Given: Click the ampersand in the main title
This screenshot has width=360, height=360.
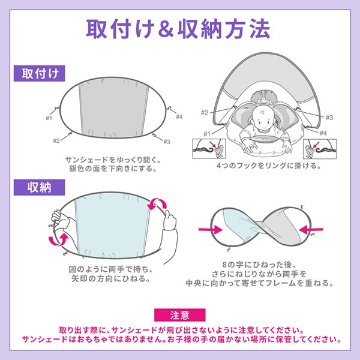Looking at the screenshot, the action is click(165, 29).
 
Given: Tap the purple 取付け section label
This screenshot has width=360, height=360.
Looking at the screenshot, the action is click(39, 73).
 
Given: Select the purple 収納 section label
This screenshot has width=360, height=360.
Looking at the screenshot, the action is click(39, 188).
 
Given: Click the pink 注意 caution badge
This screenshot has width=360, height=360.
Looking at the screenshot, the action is click(180, 315).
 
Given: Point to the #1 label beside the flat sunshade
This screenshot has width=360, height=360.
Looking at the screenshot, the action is click(49, 118).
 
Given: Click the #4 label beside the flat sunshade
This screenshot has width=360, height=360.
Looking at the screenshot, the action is click(179, 117).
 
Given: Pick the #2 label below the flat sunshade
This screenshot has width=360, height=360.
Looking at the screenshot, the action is click(56, 140).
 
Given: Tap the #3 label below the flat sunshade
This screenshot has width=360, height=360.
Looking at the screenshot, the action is click(167, 142).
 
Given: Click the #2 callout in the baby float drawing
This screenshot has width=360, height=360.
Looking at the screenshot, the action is click(205, 113).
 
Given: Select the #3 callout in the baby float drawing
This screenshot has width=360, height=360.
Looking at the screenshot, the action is click(329, 118).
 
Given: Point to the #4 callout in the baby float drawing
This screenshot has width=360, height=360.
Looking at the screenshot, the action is click(323, 133).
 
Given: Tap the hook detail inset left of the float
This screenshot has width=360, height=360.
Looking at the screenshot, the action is click(209, 149).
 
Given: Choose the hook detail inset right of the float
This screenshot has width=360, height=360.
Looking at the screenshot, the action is click(320, 149).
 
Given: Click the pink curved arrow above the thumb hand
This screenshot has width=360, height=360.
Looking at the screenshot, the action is click(157, 203).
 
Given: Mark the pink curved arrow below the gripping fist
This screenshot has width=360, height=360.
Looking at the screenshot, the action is click(59, 239).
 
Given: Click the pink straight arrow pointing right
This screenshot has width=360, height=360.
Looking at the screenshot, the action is click(211, 229).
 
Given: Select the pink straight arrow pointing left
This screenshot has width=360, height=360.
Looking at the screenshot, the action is click(311, 229).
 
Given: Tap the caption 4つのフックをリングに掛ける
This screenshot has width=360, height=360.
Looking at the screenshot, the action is click(269, 166).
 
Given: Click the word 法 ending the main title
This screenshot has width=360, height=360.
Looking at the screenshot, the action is click(260, 29).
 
